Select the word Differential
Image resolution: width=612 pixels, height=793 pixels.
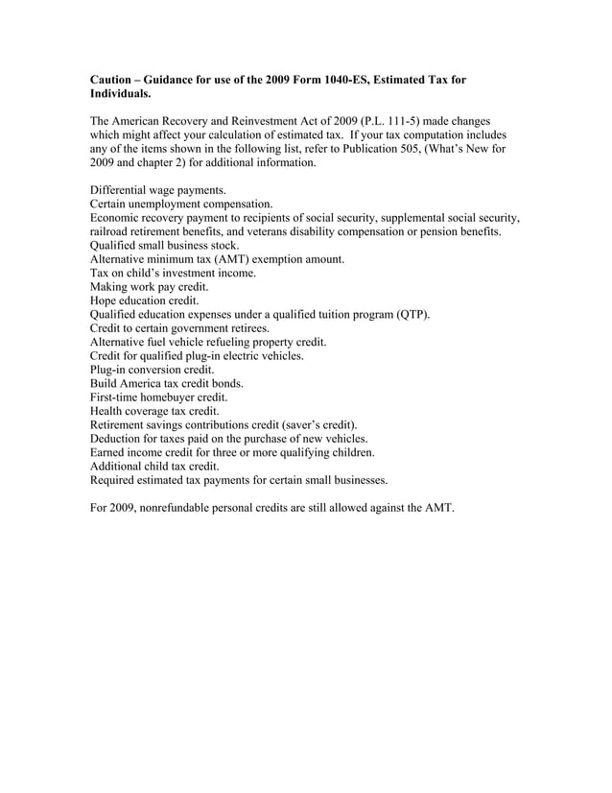122,191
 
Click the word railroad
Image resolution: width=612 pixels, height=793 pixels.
111,232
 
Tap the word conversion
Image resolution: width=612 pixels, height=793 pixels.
155,370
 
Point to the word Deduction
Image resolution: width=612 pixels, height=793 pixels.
120,438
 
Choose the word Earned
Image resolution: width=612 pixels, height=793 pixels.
109,451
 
